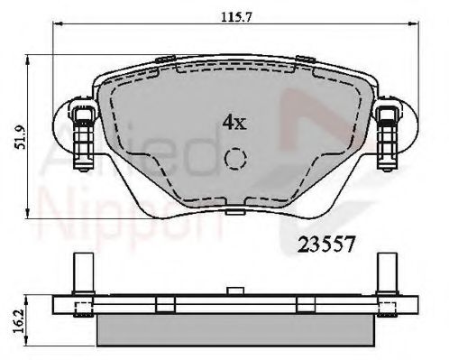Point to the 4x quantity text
coord(234,121)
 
